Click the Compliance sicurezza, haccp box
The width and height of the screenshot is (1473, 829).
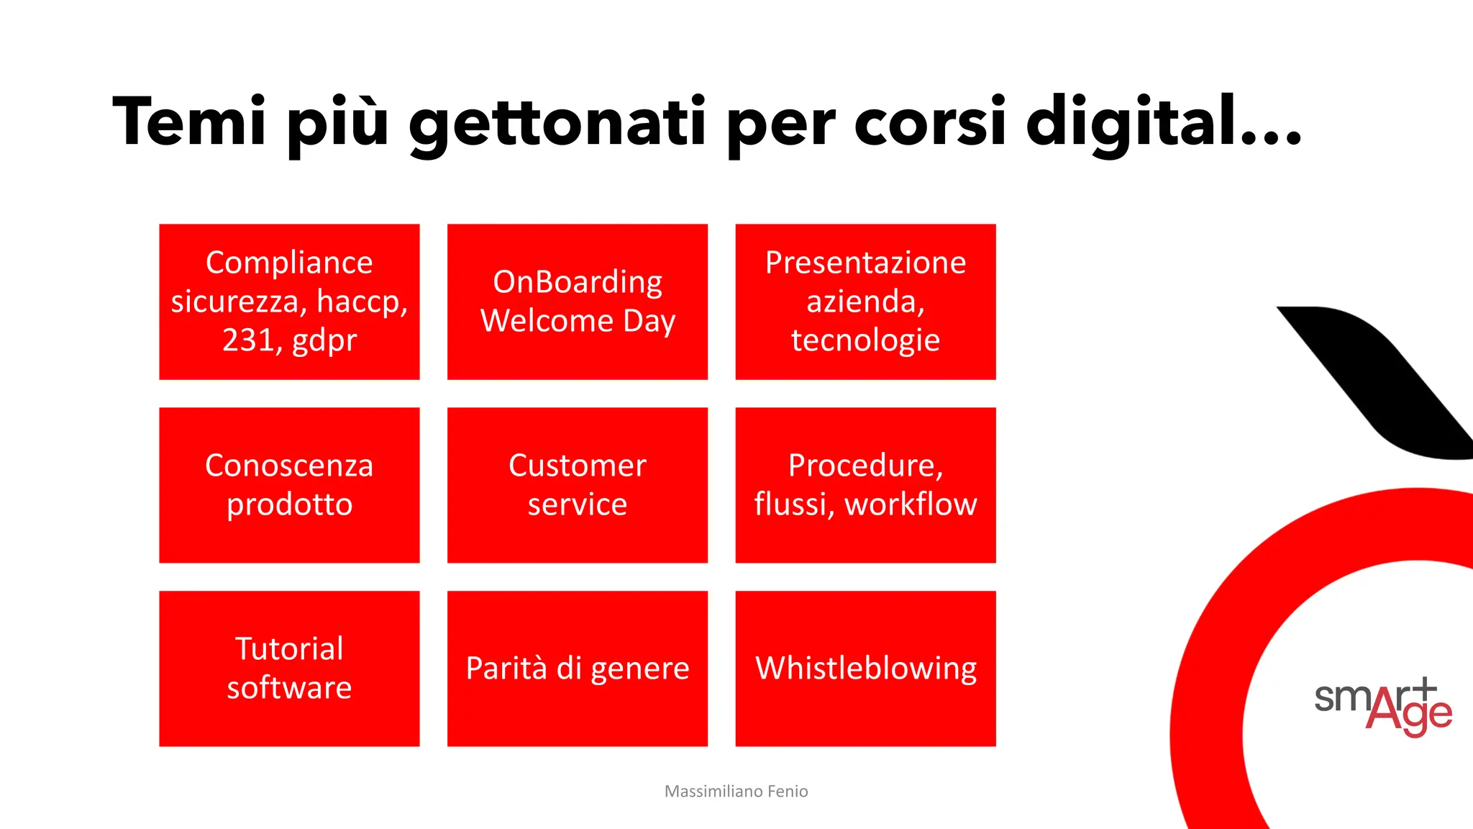289,302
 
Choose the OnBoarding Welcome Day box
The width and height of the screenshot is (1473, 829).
578,302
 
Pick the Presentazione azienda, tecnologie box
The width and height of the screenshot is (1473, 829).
865,302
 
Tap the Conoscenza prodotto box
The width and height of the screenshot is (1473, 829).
289,485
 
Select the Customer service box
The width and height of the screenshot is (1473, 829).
578,485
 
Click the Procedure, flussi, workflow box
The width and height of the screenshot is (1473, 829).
865,485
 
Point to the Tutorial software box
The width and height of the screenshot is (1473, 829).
289,669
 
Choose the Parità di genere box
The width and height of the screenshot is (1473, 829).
578,669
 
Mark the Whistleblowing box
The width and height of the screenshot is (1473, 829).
865,669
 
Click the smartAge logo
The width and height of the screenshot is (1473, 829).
1382,707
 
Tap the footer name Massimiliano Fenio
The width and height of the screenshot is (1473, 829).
736,792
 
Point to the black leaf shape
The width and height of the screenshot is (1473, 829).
1377,381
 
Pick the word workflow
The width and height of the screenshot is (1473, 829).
911,504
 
